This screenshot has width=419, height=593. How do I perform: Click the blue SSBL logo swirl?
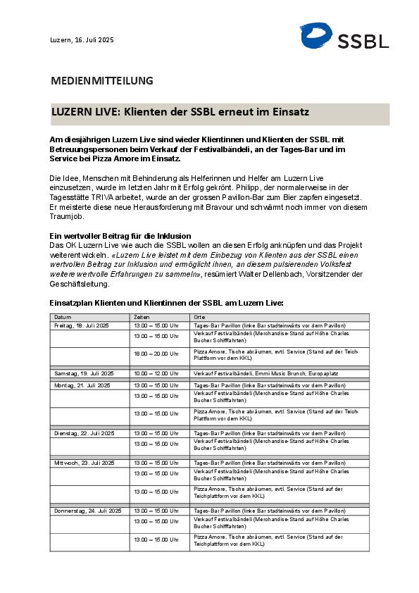tap(315, 36)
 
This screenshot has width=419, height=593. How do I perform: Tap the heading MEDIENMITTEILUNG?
tap(101, 80)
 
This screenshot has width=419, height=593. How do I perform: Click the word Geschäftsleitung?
tap(80, 285)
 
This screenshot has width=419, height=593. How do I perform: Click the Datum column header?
tap(63, 318)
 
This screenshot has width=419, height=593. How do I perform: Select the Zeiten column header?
tap(142, 318)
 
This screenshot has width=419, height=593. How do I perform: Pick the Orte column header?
tap(200, 318)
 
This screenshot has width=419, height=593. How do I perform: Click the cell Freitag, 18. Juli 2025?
tap(82, 325)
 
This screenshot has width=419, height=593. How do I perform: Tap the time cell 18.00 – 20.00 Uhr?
tap(156, 354)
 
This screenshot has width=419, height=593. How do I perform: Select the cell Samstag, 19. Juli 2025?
tap(84, 373)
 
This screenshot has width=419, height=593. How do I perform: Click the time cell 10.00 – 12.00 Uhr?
tap(156, 373)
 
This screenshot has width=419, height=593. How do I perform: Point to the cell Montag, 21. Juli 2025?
tap(82, 385)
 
